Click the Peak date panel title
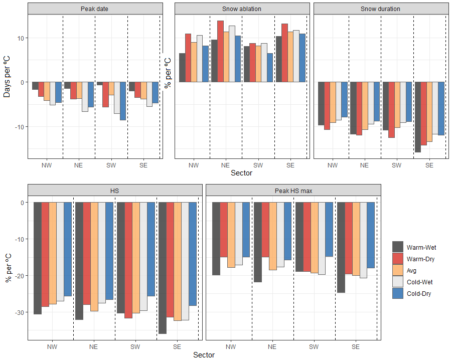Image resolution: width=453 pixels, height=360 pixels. [x=94, y=9]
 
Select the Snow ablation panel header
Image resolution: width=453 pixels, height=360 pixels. [x=241, y=9]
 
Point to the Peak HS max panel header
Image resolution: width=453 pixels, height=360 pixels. [x=293, y=191]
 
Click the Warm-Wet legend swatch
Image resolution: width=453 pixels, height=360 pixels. [x=398, y=247]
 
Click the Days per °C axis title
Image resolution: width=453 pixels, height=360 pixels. [x=8, y=82]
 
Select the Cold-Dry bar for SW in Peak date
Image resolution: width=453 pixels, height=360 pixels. [x=123, y=101]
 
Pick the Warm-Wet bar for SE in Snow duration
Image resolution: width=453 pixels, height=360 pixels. [x=418, y=117]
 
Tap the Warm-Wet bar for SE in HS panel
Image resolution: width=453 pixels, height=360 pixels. [x=162, y=268]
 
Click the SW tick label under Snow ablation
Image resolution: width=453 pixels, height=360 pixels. [x=258, y=165]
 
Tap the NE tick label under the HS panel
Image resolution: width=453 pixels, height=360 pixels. [x=94, y=346]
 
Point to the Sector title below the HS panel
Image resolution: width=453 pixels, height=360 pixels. [x=204, y=355]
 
